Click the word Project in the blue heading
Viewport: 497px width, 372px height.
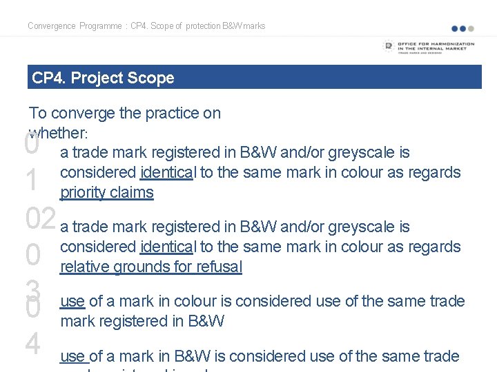coord(98,78)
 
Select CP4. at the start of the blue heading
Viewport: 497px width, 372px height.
coord(48,78)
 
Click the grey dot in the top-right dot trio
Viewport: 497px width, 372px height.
coord(471,29)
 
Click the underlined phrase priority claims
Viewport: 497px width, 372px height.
coord(107,192)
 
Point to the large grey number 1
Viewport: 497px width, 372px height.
coord(32,181)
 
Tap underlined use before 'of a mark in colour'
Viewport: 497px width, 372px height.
coord(72,301)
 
